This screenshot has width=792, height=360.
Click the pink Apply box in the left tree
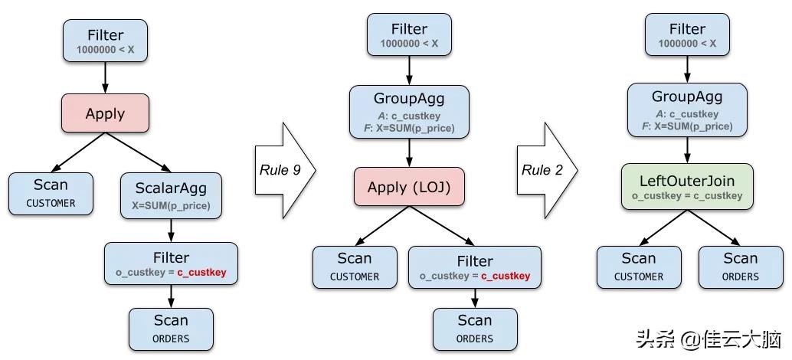tap(105, 113)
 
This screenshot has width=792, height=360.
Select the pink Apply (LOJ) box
tap(408, 187)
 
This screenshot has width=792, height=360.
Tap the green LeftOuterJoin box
tap(687, 188)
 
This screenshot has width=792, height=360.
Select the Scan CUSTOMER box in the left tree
tap(51, 192)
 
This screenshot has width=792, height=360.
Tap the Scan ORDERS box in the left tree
tap(170, 328)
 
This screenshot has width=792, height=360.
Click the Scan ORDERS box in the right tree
tap(740, 267)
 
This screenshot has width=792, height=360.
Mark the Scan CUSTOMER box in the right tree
tap(638, 267)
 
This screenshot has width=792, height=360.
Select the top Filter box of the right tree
tap(687, 35)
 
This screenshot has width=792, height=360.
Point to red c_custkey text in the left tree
tap(201, 273)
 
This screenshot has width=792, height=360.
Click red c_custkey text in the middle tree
tap(505, 276)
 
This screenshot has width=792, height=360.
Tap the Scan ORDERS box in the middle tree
tap(474, 328)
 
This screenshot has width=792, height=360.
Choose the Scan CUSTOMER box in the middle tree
tap(354, 267)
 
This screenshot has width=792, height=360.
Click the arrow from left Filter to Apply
tap(105, 77)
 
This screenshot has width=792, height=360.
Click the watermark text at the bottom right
tap(702, 338)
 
